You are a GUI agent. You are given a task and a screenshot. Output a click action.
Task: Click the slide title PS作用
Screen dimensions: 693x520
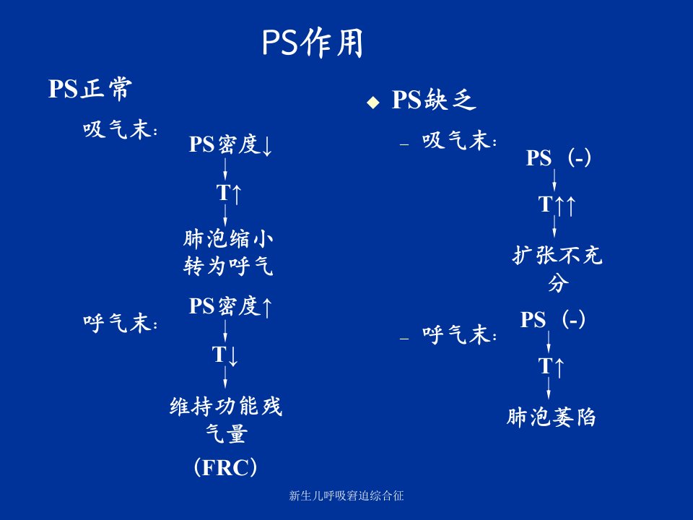tap(313, 43)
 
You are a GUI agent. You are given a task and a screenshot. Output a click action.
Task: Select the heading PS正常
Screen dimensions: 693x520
tap(90, 88)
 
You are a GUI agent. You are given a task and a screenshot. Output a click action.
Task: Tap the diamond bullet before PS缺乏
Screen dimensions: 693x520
tap(373, 102)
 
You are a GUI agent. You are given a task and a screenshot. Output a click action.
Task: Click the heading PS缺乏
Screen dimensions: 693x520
tap(434, 100)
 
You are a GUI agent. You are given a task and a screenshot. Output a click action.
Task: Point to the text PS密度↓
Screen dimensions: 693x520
tap(230, 144)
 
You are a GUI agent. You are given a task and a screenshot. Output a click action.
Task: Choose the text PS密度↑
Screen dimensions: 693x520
tap(230, 306)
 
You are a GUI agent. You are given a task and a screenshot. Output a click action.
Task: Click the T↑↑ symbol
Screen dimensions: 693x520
tap(557, 204)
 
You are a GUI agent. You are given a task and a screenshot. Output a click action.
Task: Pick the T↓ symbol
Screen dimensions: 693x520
tap(225, 355)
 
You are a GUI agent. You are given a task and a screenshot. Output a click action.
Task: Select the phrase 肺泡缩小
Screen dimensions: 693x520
tap(228, 239)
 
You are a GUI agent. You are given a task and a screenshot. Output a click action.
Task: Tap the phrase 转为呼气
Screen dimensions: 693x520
tap(228, 266)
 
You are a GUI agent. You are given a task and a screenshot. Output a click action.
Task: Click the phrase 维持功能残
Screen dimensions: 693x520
tap(225, 406)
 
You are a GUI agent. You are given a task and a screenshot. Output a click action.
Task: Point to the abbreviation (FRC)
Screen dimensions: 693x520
tap(225, 467)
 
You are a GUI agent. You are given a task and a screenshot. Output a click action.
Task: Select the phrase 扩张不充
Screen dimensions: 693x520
tap(557, 255)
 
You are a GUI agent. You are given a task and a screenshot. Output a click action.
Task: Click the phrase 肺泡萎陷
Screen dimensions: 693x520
tap(551, 417)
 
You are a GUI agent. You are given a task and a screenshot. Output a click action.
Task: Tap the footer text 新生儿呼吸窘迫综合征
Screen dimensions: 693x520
tap(346, 495)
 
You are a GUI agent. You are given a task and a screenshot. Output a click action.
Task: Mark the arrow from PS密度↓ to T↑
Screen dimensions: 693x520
tap(225, 169)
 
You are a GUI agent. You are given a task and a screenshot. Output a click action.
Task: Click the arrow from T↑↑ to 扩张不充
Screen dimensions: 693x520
tap(554, 227)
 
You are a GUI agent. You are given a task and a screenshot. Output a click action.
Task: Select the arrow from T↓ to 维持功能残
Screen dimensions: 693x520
tap(225, 378)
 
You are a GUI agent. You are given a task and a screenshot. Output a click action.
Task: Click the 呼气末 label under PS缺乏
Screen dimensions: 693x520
tap(460, 334)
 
